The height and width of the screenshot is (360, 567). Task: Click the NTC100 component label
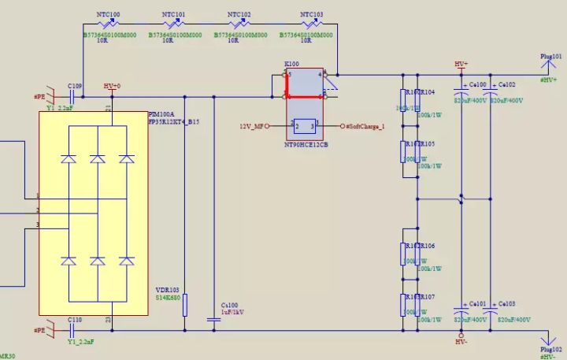point(108,15)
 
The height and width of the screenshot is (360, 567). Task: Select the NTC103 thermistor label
point(312,15)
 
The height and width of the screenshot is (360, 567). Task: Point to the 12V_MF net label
point(252,126)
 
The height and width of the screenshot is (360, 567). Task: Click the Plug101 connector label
point(550,57)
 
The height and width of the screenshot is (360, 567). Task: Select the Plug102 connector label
point(550,349)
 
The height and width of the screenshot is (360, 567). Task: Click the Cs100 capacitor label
point(229,304)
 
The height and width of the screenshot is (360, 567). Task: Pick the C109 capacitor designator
point(75,85)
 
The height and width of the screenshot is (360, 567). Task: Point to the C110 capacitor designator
point(75,320)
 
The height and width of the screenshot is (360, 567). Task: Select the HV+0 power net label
point(113,85)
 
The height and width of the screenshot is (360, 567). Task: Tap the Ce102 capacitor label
point(506,84)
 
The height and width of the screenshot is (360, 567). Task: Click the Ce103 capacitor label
point(506,303)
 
